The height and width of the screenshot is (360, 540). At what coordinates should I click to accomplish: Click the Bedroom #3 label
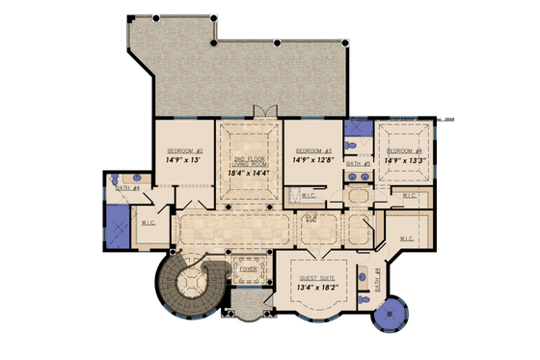313,152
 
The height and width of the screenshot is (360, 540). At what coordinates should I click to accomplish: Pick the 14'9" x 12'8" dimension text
313,163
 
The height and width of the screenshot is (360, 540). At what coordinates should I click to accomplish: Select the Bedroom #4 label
405,152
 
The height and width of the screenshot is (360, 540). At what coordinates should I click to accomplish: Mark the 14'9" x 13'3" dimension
405,163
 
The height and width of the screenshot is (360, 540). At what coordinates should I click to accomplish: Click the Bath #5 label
359,165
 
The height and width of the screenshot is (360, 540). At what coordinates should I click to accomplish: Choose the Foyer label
248,270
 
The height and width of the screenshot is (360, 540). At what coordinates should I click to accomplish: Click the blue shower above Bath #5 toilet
357,132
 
